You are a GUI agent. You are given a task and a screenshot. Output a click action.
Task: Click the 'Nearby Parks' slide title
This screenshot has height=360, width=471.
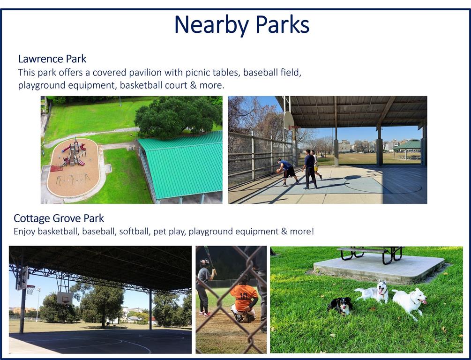[x=241, y=25]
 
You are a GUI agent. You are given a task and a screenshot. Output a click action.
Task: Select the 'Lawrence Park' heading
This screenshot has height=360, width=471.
[x=52, y=59]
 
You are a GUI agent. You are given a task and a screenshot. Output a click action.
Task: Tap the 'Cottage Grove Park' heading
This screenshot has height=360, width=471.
[x=59, y=218]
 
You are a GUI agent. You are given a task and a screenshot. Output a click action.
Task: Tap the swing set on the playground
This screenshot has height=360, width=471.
[x=73, y=180]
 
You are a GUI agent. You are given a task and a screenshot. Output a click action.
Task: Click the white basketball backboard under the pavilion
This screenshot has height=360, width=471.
[x=288, y=120]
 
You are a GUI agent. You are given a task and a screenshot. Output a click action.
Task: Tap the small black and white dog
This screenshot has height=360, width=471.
[x=340, y=306]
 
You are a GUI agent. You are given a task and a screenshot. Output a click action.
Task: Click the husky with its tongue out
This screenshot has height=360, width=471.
[x=374, y=292]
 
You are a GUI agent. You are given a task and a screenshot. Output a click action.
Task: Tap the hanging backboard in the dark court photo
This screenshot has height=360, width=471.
[x=65, y=298]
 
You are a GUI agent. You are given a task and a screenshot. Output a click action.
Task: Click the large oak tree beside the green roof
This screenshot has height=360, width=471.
[x=178, y=117]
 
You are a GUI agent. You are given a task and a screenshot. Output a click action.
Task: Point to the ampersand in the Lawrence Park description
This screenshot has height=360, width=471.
[x=193, y=85]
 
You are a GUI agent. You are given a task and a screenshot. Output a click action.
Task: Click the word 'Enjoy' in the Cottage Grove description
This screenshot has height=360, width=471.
[x=24, y=232]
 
